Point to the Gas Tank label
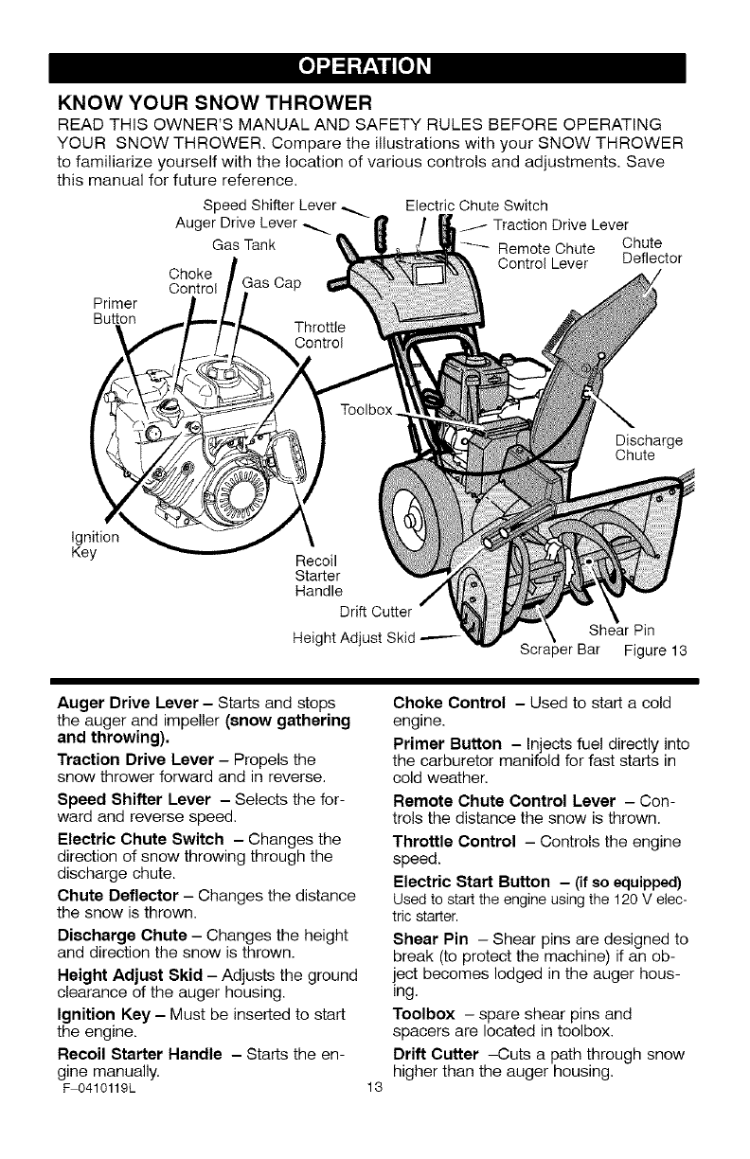[243, 245]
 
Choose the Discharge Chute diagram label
[649, 447]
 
